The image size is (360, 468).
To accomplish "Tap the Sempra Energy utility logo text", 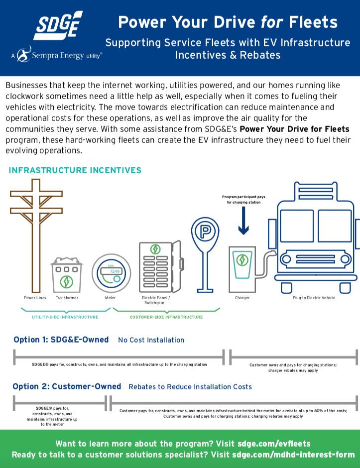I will point(60,55).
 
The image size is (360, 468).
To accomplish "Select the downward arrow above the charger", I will point(243,222).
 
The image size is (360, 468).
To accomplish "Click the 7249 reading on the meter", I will point(115,271).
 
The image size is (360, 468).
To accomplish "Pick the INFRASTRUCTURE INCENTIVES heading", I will point(75,170).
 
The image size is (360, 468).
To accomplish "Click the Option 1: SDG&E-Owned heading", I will point(61,340).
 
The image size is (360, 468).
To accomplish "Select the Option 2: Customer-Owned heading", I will point(67,386).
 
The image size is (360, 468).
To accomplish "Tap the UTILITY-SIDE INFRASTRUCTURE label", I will point(65,317).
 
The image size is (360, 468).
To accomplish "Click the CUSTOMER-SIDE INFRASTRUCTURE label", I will point(166,317).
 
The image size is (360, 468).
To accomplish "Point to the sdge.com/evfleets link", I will point(274,443).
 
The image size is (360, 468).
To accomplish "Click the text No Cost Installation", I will point(151,340).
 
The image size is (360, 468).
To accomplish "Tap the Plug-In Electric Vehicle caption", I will point(314,298).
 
